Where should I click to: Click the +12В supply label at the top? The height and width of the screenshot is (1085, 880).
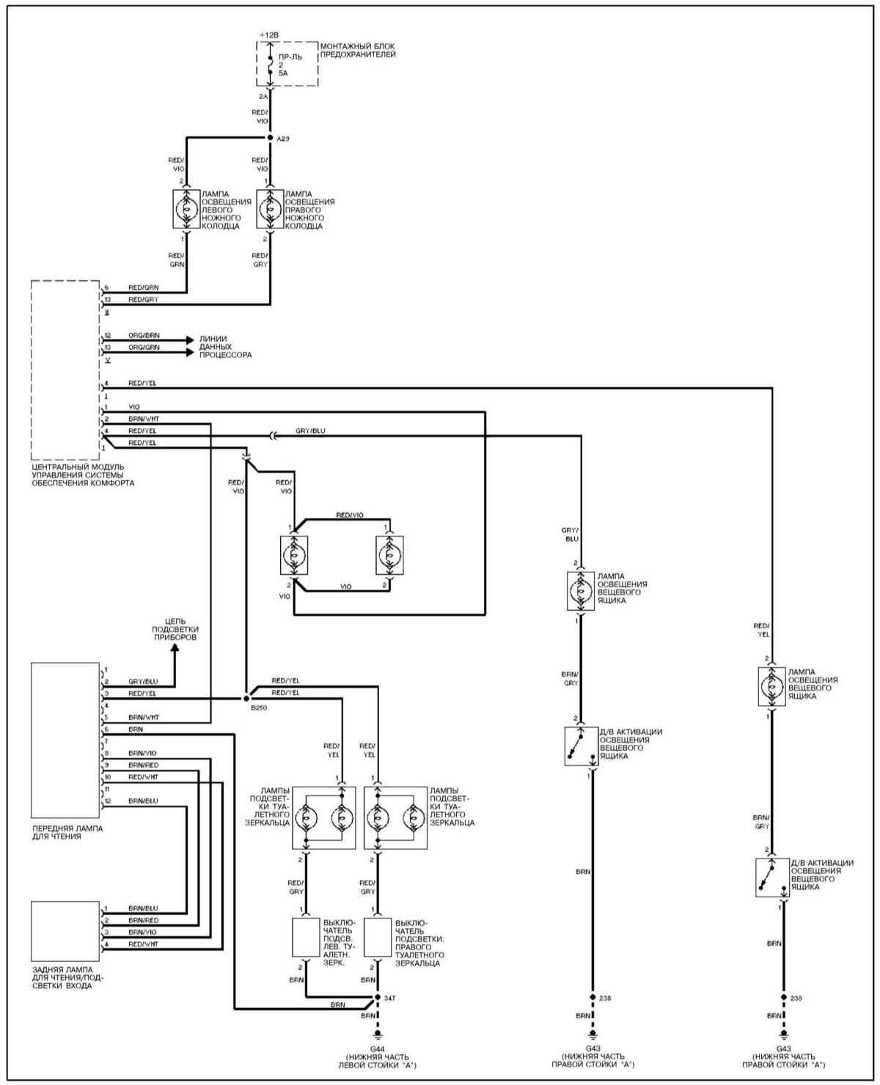tap(269, 35)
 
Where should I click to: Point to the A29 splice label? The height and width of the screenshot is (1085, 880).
tap(284, 138)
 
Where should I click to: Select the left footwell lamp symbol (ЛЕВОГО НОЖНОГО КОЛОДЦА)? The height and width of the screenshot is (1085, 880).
tap(186, 209)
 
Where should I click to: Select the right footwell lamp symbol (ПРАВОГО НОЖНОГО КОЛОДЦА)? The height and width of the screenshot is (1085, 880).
tap(270, 209)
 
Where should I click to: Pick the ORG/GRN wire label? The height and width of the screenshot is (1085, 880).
tap(144, 347)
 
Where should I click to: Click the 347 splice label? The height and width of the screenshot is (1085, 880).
tap(390, 998)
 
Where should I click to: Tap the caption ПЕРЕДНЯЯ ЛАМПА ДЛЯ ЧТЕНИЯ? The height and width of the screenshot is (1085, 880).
tap(67, 832)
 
